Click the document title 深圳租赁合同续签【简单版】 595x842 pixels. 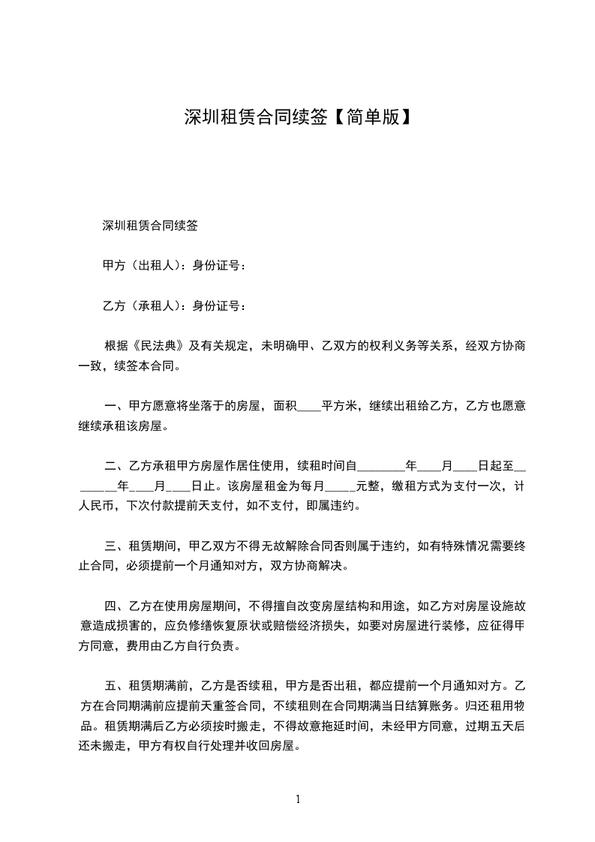pyautogui.click(x=297, y=117)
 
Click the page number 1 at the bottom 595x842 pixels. pyautogui.click(x=298, y=798)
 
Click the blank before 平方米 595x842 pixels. pyautogui.click(x=310, y=407)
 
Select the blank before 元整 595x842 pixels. pyautogui.click(x=342, y=486)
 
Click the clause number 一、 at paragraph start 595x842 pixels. pyautogui.click(x=116, y=407)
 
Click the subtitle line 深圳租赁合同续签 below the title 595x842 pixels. pyautogui.click(x=150, y=224)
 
